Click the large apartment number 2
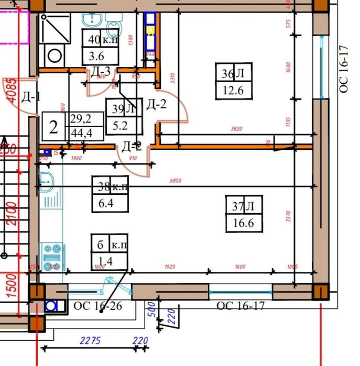pos(53,127)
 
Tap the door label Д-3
pos(100,72)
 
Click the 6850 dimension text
pos(176,181)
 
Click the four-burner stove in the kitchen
pos(52,256)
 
